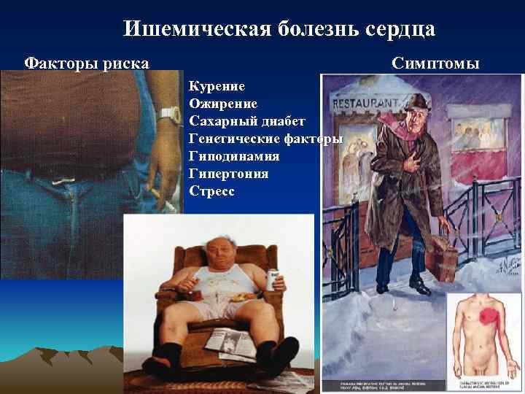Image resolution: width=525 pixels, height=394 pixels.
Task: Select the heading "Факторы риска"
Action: (87, 63)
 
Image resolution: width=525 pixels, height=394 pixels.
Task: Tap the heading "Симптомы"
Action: (435, 63)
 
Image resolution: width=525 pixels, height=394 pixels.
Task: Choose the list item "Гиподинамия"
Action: (234, 156)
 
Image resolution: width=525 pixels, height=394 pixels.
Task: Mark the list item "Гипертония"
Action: (228, 174)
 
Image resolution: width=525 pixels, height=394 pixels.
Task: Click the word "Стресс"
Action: (211, 192)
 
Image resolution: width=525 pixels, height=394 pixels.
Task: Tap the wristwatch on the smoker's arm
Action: (169, 114)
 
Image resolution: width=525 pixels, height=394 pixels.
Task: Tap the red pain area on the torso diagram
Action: (486, 322)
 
